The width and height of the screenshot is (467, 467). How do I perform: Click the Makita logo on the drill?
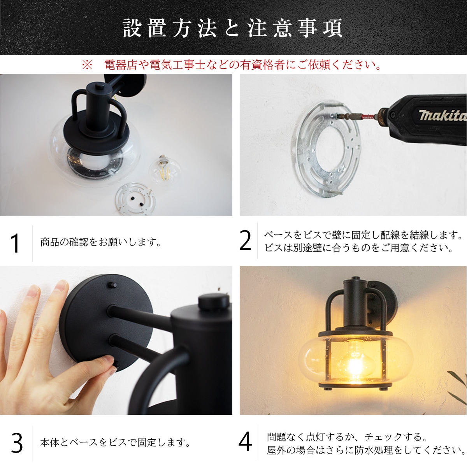pos(442,115)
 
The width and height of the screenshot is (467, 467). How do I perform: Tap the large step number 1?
pos(15,243)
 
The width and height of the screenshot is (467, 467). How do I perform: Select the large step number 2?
pos(245,241)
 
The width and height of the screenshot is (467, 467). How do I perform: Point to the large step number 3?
pos(17,443)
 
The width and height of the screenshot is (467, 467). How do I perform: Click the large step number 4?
pos(245,442)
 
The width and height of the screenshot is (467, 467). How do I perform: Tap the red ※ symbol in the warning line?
pos(87,65)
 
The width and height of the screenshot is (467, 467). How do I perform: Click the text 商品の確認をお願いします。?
pos(101,242)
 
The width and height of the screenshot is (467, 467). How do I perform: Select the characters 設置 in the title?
pos(144,28)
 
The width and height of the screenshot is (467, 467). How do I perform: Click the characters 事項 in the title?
pos(320,28)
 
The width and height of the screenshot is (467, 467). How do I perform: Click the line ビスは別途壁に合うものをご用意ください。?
pos(358,248)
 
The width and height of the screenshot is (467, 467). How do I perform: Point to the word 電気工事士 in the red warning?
pos(177,65)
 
